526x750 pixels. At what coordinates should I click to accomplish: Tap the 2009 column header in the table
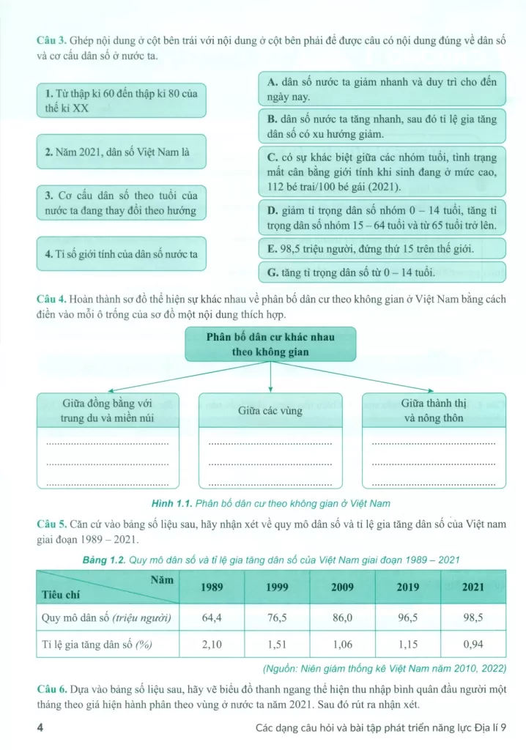[343, 586]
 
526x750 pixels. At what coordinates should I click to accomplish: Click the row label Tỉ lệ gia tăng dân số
[106, 645]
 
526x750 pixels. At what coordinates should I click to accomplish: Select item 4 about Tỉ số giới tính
[120, 254]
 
